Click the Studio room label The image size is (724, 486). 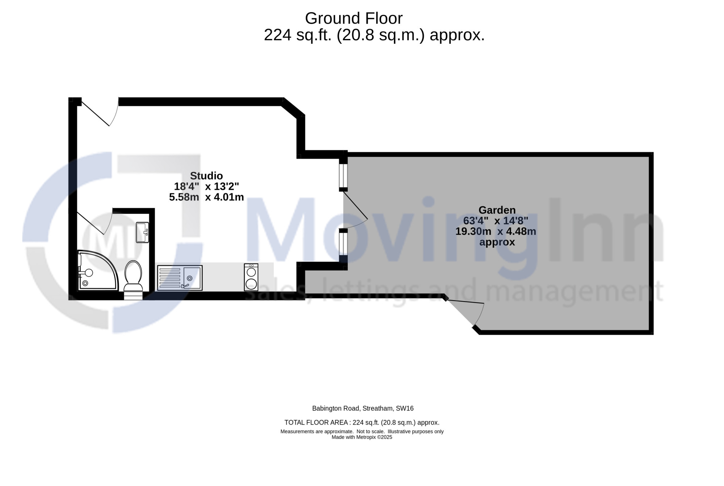tap(206, 176)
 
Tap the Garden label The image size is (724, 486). tap(497, 210)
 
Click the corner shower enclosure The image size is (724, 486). tap(98, 270)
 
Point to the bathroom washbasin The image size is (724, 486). tap(142, 232)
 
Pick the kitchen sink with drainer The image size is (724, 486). tap(180, 278)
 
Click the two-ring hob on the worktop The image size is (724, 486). tap(251, 277)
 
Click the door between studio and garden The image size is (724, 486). tap(355, 210)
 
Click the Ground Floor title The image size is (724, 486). tap(354, 18)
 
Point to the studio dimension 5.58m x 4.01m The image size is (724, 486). tap(206, 197)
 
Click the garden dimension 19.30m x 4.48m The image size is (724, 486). tap(496, 231)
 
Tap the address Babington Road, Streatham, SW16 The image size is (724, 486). tap(363, 409)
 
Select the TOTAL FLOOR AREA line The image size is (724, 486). tap(362, 423)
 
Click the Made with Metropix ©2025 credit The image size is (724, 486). tap(362, 437)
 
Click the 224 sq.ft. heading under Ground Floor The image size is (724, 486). tap(374, 35)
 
